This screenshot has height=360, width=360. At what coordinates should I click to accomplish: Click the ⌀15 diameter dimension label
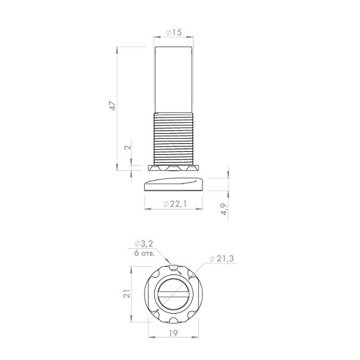174,32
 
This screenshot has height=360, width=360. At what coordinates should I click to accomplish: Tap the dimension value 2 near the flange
126,147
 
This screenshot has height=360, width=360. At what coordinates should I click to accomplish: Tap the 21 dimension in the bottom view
127,294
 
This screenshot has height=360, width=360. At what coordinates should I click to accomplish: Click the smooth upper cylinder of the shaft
174,77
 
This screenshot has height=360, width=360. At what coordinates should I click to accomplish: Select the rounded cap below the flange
173,184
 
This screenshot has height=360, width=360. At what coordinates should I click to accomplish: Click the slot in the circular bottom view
175,294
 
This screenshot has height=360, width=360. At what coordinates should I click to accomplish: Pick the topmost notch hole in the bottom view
175,264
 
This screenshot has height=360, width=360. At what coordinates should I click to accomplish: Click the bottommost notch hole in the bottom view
175,324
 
